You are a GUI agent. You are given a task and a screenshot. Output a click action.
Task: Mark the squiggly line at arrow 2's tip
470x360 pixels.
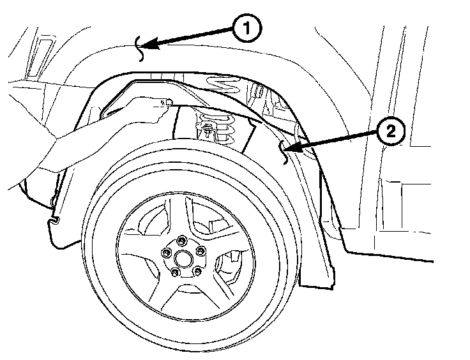click(x=284, y=152)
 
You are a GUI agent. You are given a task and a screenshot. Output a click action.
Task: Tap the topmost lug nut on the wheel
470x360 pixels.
click(x=181, y=240)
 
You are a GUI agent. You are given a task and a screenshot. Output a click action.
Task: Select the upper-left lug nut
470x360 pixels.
click(x=167, y=253)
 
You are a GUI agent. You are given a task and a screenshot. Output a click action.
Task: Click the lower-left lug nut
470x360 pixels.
click(x=174, y=273)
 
